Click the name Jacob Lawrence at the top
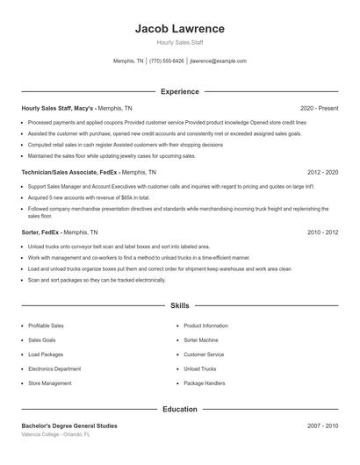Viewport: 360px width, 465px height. (180, 28)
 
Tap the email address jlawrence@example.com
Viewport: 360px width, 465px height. (218, 61)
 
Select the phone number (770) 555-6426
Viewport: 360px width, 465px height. (167, 61)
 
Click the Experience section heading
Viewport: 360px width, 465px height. (180, 91)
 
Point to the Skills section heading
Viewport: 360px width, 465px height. (180, 306)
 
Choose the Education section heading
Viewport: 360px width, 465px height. (180, 409)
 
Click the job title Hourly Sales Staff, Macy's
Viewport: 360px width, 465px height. (58, 108)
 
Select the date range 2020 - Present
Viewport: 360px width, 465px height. (319, 108)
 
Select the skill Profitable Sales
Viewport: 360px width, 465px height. (45, 325)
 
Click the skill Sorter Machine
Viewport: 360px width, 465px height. (201, 340)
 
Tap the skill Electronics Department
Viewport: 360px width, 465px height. (54, 368)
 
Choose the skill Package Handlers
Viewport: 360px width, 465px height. (205, 383)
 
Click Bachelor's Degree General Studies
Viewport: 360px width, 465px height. (69, 426)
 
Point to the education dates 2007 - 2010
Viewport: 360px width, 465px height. (322, 426)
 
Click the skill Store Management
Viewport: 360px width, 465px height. (50, 383)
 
